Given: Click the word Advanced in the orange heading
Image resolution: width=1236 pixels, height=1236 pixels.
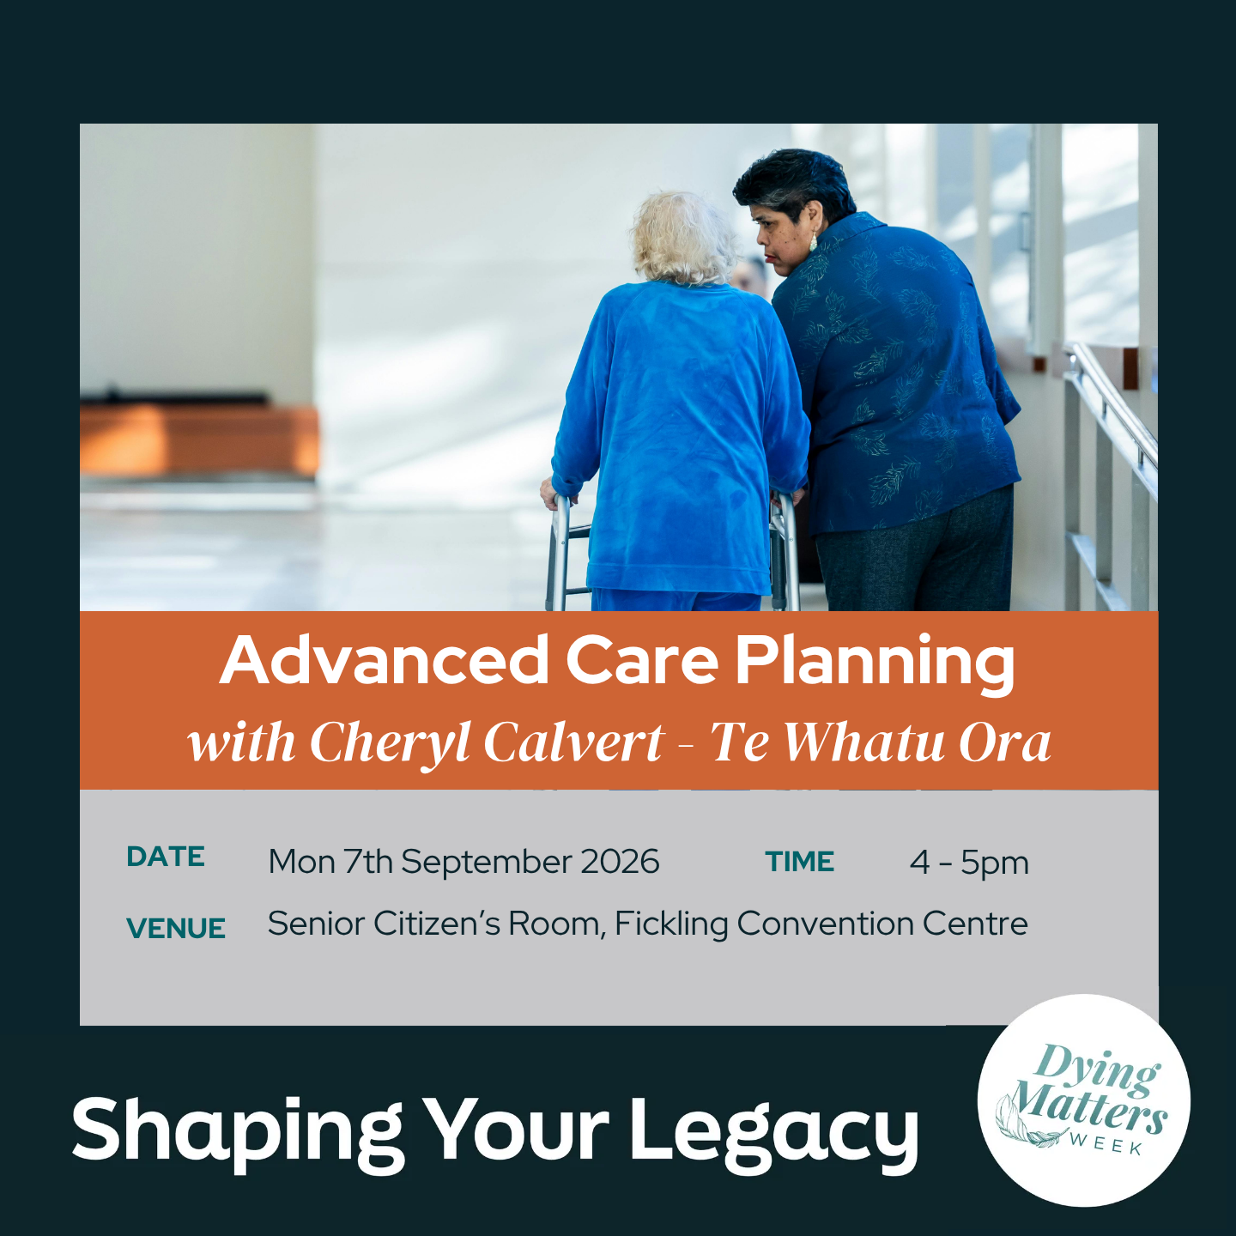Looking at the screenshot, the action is (x=384, y=660).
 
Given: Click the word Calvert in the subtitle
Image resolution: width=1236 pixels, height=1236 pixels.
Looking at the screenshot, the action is (x=573, y=742).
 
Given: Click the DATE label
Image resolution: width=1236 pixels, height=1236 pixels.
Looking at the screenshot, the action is (x=166, y=857).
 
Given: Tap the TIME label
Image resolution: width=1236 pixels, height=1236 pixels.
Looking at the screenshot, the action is (x=799, y=862).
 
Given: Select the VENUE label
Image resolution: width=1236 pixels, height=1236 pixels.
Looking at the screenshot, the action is (x=176, y=928).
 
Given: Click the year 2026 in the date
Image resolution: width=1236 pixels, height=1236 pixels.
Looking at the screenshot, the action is (x=620, y=862).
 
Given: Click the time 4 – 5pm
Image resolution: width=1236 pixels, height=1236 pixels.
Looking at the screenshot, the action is (x=968, y=863).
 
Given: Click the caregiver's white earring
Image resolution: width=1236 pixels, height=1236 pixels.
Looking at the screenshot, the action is (x=814, y=243).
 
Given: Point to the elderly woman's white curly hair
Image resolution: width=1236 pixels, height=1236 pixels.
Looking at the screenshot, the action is (x=683, y=238).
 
